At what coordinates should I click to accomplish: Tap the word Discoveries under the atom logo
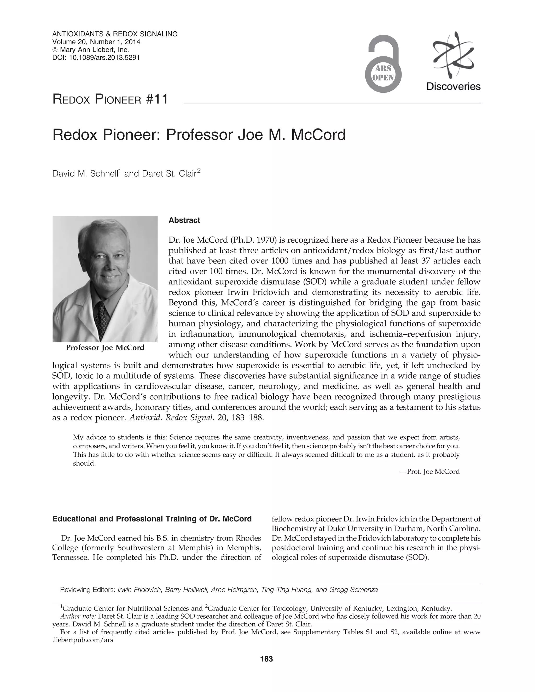point(453,86)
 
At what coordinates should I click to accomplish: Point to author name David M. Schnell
point(85,174)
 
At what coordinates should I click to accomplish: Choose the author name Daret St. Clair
point(169,174)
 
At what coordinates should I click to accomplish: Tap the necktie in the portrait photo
point(101,320)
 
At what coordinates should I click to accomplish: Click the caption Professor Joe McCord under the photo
point(105,348)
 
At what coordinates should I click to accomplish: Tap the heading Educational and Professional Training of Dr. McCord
point(152,519)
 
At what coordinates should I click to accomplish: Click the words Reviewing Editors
point(88,590)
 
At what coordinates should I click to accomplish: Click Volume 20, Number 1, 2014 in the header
point(96,42)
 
